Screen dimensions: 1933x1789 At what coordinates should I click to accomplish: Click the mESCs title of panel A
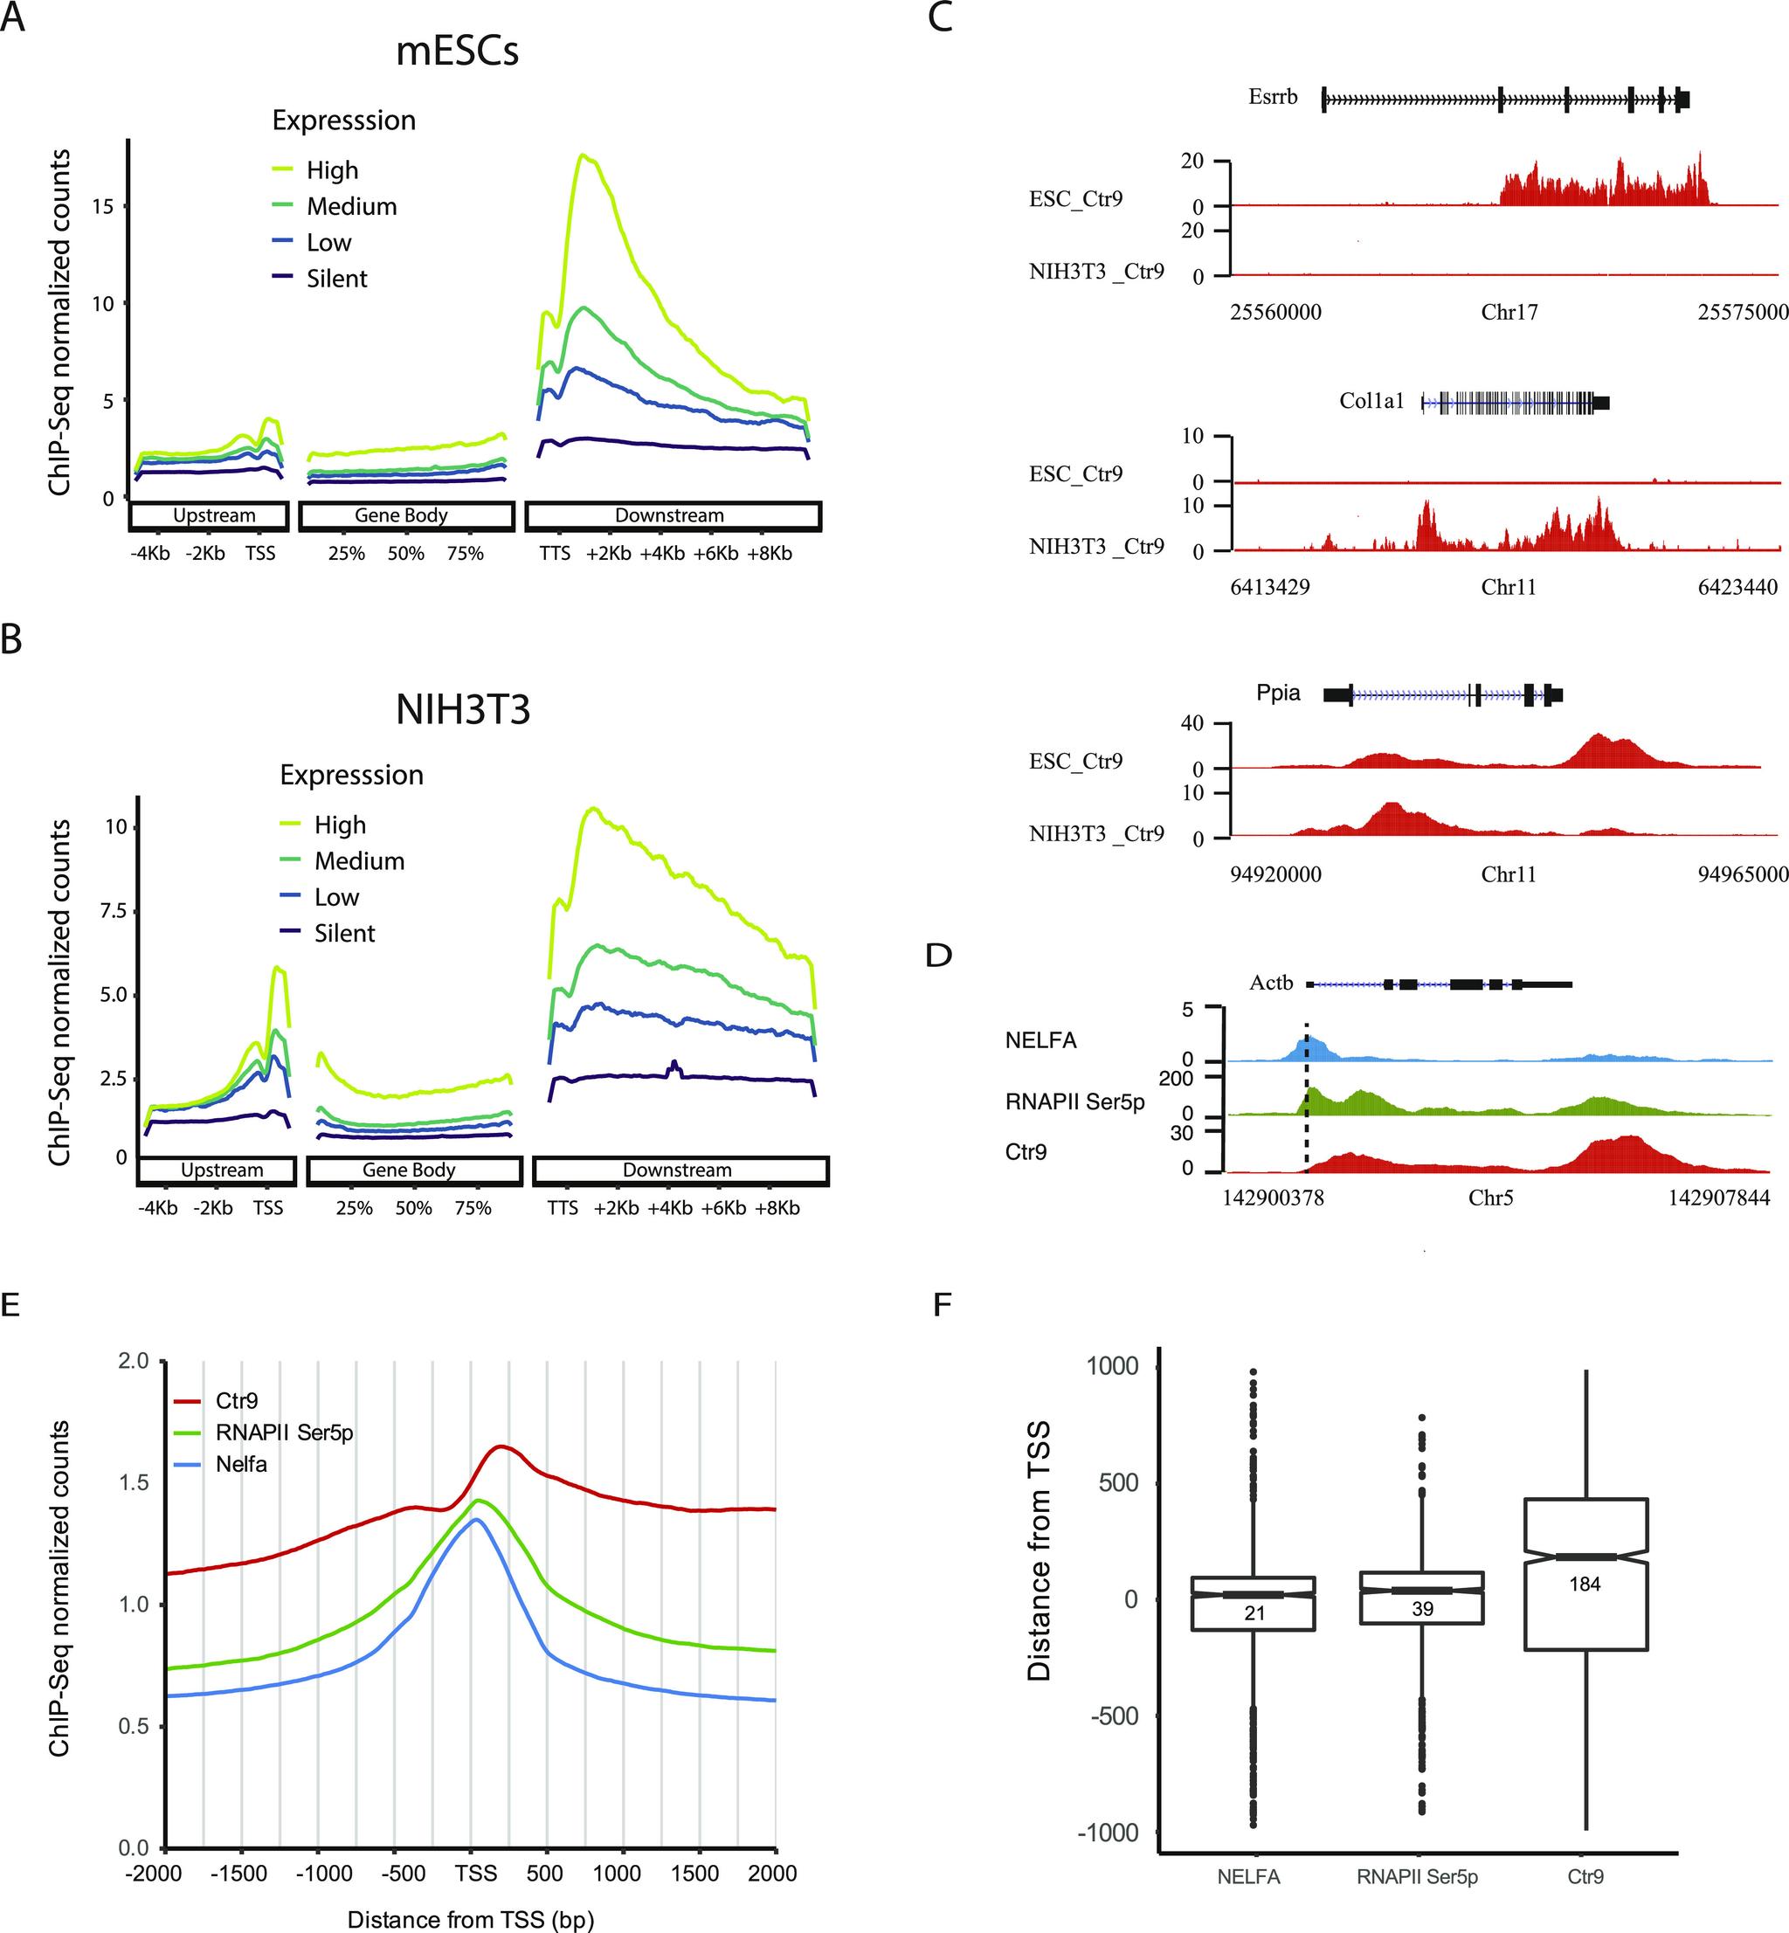point(457,52)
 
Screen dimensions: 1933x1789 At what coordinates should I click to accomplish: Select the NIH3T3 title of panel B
point(463,710)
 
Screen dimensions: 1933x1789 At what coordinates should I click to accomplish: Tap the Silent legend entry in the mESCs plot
point(336,279)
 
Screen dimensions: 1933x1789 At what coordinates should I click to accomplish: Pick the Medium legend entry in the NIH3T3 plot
point(358,860)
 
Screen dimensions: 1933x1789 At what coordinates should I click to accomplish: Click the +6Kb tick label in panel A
point(715,554)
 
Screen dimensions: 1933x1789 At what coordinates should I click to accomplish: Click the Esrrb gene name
point(1272,97)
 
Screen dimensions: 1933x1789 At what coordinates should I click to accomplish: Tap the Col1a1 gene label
point(1371,401)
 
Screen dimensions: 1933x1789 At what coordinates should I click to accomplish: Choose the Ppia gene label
point(1278,693)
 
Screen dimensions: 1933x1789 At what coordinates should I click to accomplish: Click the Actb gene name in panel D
point(1271,983)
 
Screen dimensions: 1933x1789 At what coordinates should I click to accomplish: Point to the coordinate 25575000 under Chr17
point(1743,312)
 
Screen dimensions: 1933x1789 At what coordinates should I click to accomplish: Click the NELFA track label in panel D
point(1040,1040)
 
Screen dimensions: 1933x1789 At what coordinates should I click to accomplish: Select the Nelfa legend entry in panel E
point(241,1464)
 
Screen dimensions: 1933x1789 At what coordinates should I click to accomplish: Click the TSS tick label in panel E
point(475,1873)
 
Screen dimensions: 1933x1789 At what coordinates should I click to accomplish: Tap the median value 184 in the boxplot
point(1585,1584)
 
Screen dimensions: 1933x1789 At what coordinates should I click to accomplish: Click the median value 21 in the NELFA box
point(1254,1612)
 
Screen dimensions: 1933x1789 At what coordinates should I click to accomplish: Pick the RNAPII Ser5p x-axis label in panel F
point(1417,1877)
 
